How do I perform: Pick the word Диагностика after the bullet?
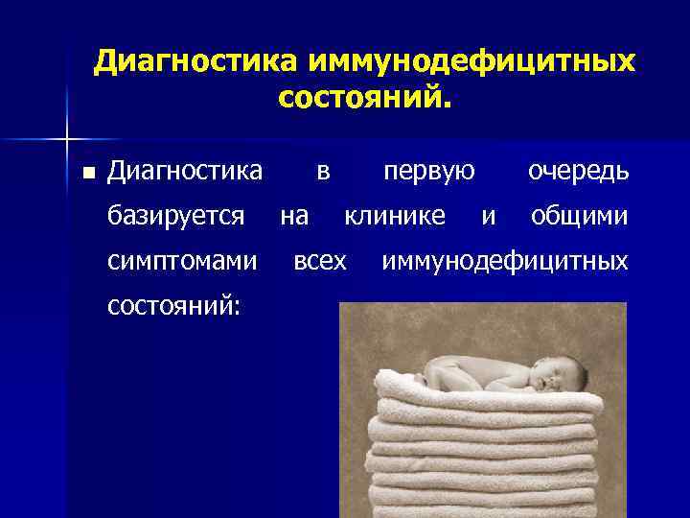(x=185, y=172)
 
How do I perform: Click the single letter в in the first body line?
(x=323, y=172)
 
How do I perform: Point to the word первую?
(x=429, y=172)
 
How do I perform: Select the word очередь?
(x=578, y=172)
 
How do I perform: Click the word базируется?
(x=176, y=216)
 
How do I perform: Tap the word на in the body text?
(x=293, y=216)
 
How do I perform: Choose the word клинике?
(x=395, y=216)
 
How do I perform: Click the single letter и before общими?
(x=489, y=217)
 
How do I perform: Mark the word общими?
(x=580, y=216)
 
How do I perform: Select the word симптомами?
(x=183, y=260)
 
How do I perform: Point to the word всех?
(x=320, y=260)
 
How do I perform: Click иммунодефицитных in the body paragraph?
(x=505, y=260)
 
